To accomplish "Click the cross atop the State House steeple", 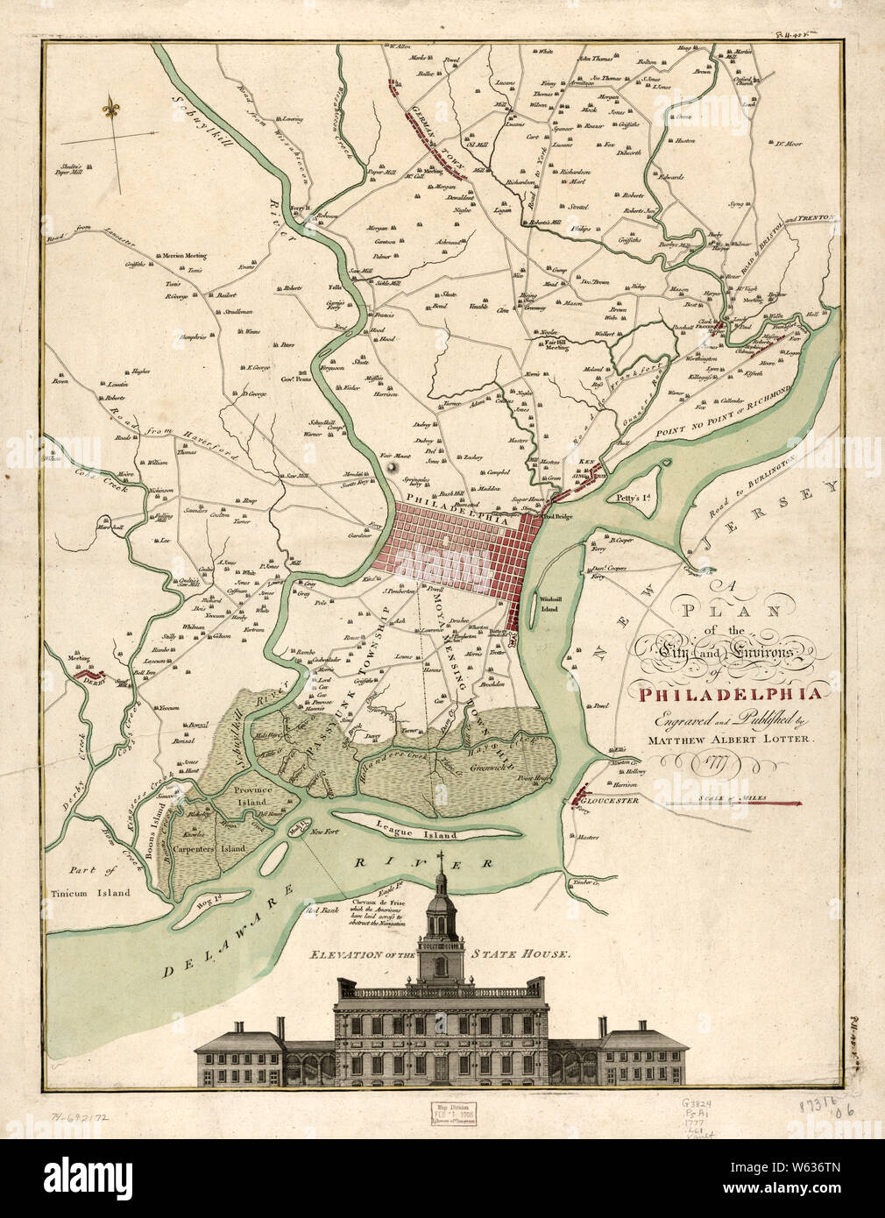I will (x=440, y=855).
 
